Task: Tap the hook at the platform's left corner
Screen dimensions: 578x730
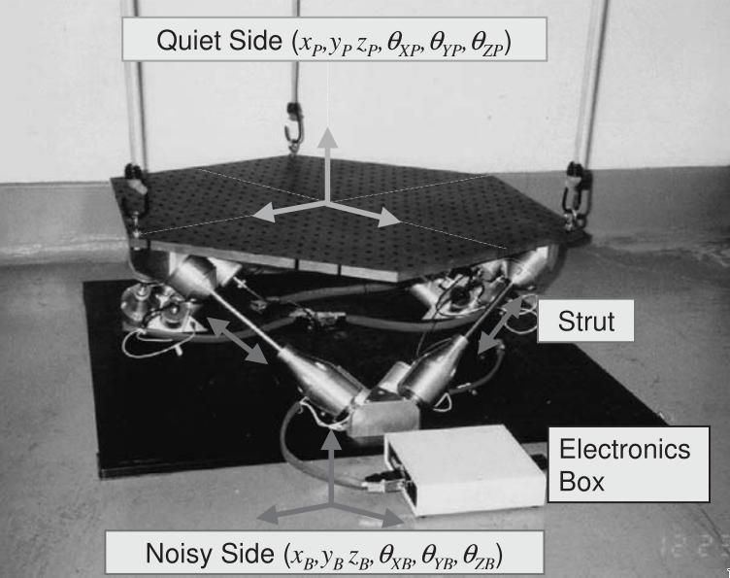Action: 137,195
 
